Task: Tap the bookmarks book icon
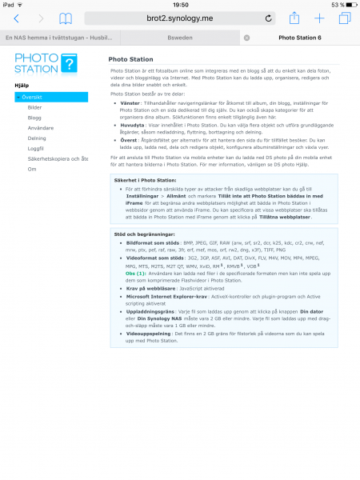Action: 66,18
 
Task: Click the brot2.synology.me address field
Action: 179,18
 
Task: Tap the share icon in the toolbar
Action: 294,18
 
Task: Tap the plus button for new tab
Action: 319,18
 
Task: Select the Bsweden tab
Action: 178,38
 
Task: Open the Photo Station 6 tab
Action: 298,38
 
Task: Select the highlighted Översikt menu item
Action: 51,97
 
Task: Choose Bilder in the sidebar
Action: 34,106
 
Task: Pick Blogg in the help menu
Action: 34,117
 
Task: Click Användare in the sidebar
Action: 40,127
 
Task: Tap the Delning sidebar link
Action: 37,138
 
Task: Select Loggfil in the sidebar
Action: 36,148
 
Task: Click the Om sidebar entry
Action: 31,169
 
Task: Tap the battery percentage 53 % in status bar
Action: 335,4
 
